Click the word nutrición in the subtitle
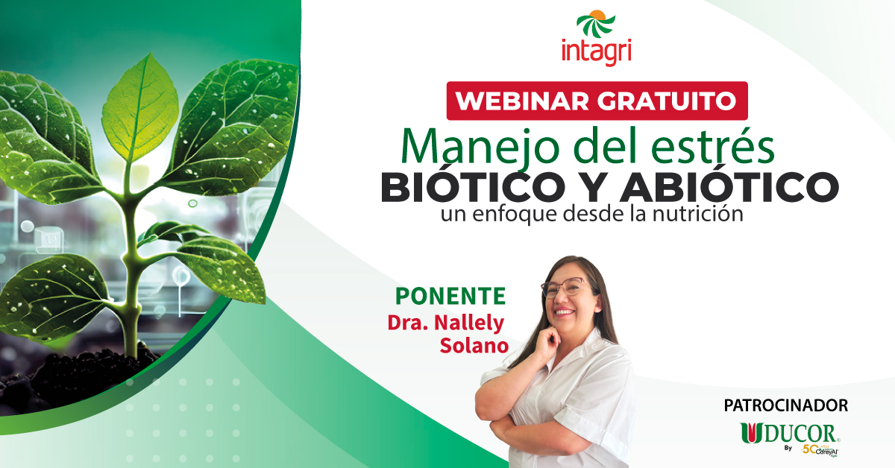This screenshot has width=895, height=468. tap(703, 215)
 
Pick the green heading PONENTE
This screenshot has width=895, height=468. tap(450, 296)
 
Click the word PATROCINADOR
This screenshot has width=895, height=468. tap(785, 406)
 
